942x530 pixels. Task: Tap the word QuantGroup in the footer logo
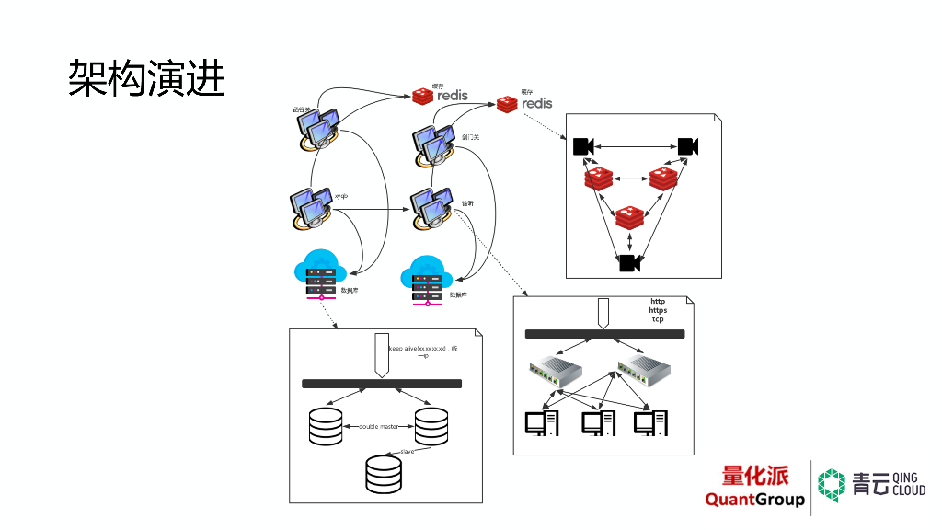[754, 500]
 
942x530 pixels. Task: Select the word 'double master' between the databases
[379, 427]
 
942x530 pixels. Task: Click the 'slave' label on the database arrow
[408, 452]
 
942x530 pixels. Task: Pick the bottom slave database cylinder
[384, 473]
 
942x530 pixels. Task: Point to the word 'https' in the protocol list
[658, 310]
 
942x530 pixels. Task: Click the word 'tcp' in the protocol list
[658, 319]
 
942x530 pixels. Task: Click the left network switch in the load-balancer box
[556, 372]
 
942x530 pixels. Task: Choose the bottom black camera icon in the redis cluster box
[629, 263]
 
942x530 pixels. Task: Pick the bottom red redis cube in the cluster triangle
[629, 217]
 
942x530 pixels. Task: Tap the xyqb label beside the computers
[340, 196]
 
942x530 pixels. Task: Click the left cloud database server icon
[319, 273]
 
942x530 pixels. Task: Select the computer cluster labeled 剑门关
[432, 144]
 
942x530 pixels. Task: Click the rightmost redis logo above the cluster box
[525, 103]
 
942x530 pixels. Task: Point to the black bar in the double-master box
[382, 384]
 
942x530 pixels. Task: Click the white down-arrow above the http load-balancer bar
[603, 313]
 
